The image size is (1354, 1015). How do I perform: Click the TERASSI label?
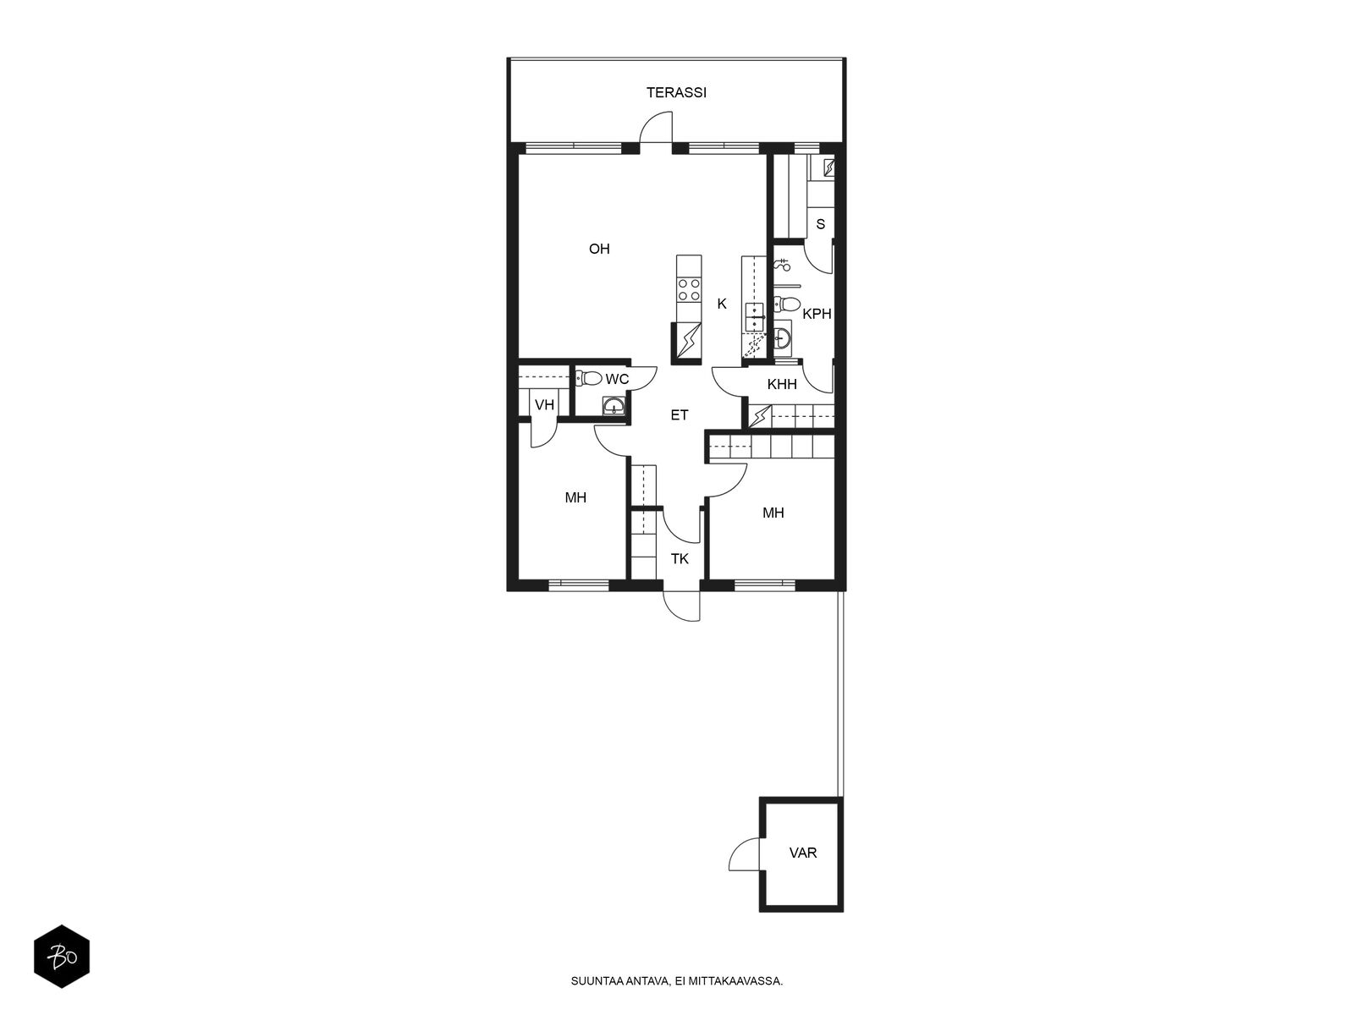(x=676, y=93)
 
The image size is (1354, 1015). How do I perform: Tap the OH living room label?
(x=599, y=249)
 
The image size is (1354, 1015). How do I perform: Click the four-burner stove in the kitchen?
(x=688, y=290)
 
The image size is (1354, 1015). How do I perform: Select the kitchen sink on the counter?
(x=754, y=316)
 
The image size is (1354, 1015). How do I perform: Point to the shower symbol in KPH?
(x=782, y=265)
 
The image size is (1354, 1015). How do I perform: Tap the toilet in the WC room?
(x=589, y=378)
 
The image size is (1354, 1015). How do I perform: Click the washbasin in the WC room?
(x=614, y=408)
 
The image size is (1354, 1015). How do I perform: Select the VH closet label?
(x=544, y=405)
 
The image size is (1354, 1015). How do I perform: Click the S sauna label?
(x=820, y=225)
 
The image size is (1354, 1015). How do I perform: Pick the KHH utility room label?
(x=782, y=384)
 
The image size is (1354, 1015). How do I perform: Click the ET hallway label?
(x=680, y=415)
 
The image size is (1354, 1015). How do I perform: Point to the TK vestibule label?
(x=680, y=558)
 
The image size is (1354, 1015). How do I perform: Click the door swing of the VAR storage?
(x=745, y=854)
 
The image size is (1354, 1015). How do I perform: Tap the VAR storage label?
(x=803, y=853)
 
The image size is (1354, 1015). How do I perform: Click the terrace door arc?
(x=655, y=129)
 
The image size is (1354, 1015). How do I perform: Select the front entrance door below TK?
(x=683, y=604)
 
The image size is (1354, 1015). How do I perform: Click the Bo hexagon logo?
(x=62, y=957)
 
